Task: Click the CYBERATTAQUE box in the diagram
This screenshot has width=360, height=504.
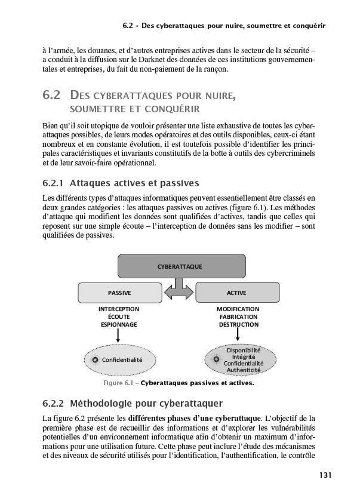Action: coord(179,266)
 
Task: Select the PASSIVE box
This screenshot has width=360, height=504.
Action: coord(119,293)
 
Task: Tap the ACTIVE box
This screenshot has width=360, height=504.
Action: coord(237,293)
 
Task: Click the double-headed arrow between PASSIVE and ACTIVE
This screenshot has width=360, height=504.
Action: coord(179,293)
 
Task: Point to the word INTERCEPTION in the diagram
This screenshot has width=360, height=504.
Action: coord(119,309)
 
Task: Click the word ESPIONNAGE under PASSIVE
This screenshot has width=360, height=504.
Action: coord(119,325)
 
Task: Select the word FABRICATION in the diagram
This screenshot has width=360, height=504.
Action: coord(238,317)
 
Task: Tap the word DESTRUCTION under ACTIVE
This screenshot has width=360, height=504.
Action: coord(238,325)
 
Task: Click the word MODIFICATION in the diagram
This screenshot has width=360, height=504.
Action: coord(238,309)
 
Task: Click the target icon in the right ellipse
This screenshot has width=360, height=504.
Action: coord(216,359)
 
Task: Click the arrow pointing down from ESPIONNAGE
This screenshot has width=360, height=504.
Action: coord(119,336)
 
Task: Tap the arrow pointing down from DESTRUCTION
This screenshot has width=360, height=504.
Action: coord(238,336)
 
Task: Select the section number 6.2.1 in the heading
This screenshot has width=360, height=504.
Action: coord(54,183)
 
